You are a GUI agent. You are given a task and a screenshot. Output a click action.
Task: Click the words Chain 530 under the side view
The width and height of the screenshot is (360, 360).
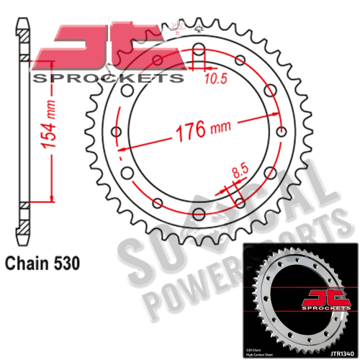click(x=42, y=262)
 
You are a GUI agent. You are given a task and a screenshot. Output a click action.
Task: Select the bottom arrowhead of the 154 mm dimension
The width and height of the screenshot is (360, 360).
click(x=50, y=200)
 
